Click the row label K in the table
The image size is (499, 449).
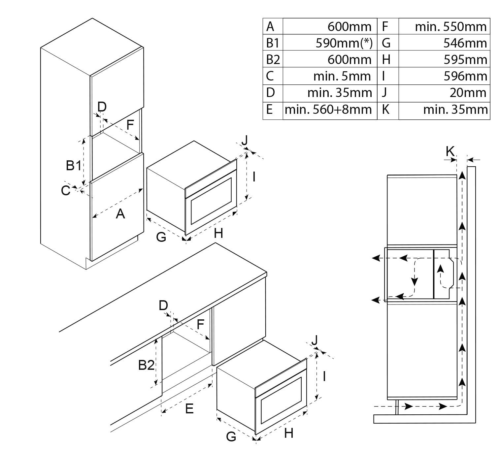point(385,110)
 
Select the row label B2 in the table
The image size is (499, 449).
point(273,60)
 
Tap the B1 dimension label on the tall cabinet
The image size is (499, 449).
point(73,165)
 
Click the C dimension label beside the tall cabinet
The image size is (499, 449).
point(65,191)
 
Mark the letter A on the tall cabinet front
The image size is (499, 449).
point(120,214)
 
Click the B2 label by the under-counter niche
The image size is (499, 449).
point(146,365)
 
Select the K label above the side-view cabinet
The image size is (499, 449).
point(450,151)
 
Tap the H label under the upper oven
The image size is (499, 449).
point(218,233)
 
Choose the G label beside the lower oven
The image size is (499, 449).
point(231,436)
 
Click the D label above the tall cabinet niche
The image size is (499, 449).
point(102,107)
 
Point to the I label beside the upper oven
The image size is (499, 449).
point(254,177)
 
